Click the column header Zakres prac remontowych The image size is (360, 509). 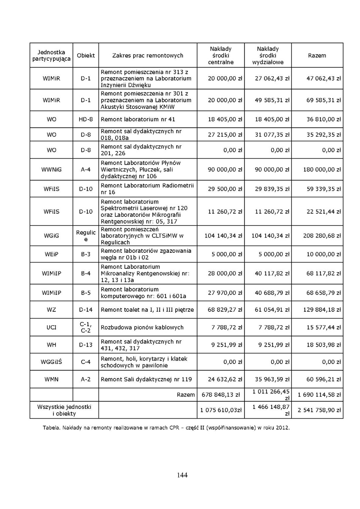click(148, 56)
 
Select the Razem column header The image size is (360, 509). click(317, 56)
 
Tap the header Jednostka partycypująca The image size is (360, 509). click(51, 56)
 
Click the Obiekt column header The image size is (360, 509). click(86, 56)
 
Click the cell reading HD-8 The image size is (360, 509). click(86, 119)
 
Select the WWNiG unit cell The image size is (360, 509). click(51, 170)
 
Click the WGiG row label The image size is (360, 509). click(51, 235)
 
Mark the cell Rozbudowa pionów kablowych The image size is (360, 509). click(142, 327)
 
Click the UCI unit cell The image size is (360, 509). click(51, 327)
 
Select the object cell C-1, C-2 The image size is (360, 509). click(86, 327)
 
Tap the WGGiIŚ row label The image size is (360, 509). click(51, 362)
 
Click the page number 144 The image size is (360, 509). click(182, 475)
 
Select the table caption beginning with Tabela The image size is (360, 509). click(166, 428)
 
